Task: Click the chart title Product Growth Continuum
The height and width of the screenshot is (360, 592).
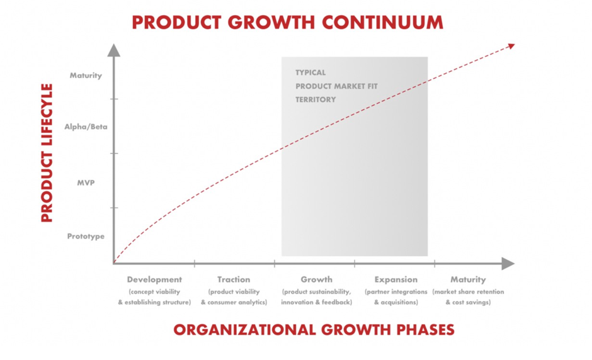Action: [287, 22]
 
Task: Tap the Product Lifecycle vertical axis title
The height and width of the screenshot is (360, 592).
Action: [47, 153]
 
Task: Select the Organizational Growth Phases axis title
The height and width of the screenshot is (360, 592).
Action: [314, 330]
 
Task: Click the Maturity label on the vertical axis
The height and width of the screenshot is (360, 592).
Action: [86, 76]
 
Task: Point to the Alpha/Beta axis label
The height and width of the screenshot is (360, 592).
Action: [86, 127]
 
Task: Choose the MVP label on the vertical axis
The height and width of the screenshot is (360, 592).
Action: [86, 183]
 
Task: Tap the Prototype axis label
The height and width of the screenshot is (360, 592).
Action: [86, 237]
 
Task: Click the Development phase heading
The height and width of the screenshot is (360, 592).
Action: [154, 279]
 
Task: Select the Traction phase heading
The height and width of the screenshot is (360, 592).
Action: [234, 279]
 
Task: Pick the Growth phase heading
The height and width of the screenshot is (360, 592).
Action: [316, 279]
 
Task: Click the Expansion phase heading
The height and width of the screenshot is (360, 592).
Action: [396, 279]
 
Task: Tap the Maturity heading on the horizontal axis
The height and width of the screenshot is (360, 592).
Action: [468, 279]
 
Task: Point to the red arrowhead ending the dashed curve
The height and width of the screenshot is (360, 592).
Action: [511, 46]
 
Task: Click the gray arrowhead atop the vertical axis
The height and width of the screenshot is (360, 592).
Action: [113, 50]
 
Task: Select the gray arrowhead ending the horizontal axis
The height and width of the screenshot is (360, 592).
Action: [508, 264]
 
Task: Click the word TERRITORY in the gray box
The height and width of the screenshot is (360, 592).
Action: [316, 99]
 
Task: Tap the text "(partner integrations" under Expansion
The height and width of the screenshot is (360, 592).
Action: [396, 291]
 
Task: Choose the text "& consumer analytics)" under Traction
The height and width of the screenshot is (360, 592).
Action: [234, 302]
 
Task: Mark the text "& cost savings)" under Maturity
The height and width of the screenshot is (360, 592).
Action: [468, 302]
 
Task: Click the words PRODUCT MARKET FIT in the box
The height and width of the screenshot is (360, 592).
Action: [336, 86]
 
